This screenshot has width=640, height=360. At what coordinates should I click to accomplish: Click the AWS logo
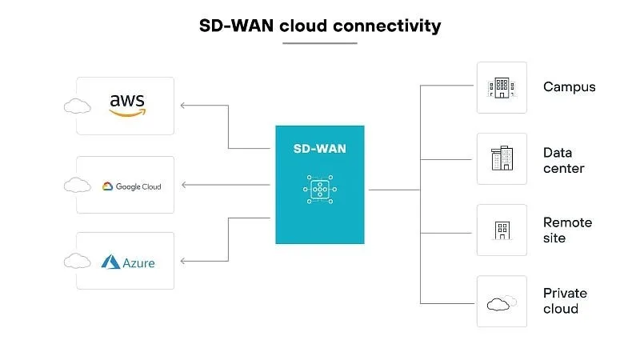tap(126, 105)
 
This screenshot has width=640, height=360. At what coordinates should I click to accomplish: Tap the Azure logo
tap(128, 262)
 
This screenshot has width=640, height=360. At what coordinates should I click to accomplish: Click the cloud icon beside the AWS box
tap(77, 106)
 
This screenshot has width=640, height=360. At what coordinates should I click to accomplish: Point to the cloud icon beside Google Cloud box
tap(77, 186)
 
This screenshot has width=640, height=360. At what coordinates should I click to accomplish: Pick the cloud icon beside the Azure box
tap(77, 261)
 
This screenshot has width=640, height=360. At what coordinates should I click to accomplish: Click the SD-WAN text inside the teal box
tap(319, 149)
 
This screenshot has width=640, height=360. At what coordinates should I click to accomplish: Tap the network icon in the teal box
tap(319, 189)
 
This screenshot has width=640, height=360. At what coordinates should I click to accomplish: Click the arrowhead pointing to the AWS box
tap(183, 106)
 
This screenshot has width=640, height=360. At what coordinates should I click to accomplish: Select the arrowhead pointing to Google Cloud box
tap(183, 185)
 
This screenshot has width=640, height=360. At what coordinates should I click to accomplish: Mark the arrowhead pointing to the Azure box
tap(183, 261)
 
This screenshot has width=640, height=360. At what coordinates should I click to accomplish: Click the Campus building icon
tap(502, 88)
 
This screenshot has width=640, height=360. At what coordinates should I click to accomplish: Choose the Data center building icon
tap(502, 158)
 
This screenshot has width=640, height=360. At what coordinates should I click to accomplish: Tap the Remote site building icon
tap(502, 230)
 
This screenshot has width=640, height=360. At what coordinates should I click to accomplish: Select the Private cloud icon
tap(500, 302)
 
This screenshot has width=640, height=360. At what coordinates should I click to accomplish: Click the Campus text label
tap(569, 87)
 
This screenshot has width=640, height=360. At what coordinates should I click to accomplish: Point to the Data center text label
tap(563, 160)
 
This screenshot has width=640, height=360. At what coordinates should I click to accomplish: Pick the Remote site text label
tap(567, 230)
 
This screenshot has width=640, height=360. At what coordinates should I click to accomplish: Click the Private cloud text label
tap(565, 301)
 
